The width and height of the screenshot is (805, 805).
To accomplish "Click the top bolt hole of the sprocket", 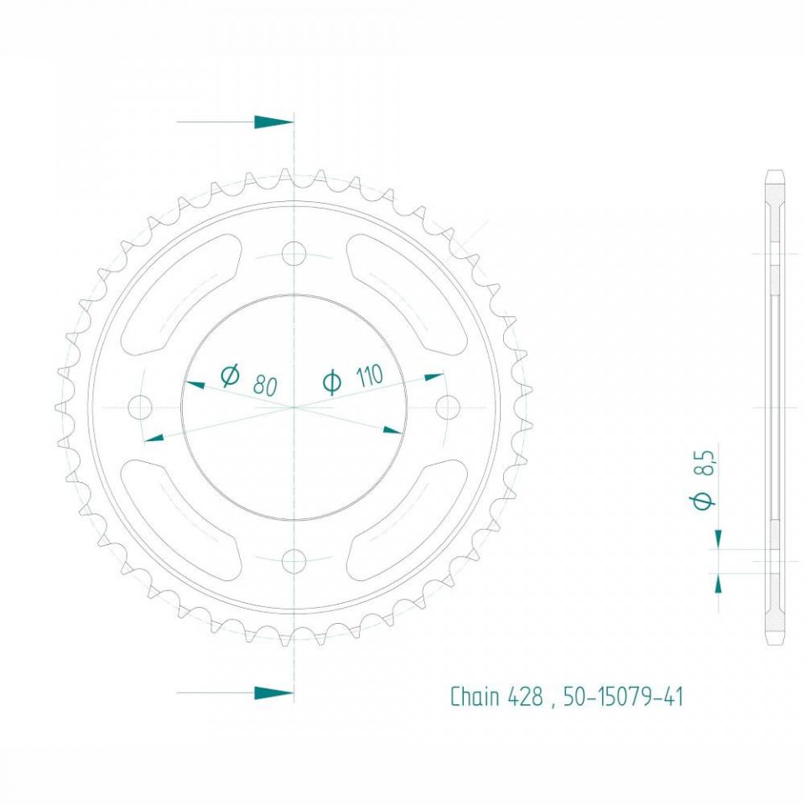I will tap(293, 252).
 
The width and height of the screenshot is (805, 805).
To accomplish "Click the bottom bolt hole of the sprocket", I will tap(293, 559).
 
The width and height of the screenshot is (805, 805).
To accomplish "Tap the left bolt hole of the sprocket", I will tap(140, 408).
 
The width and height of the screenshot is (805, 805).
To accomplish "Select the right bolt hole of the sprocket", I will tap(449, 408).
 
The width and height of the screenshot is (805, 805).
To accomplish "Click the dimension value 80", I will tap(265, 386).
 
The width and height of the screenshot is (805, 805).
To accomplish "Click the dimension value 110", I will tap(368, 376).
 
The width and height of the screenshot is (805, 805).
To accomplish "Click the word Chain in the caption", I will tap(475, 697).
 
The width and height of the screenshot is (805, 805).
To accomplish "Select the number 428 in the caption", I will tap(526, 697).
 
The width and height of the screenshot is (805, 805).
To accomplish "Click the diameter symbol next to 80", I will tap(230, 376).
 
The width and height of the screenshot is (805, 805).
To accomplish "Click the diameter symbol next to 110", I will tap(332, 382).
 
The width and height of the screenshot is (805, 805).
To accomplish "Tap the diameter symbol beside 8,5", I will tap(704, 501).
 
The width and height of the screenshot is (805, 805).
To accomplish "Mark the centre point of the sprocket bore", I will tap(293, 408).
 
